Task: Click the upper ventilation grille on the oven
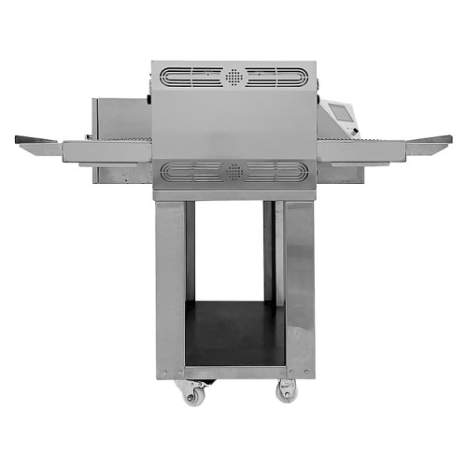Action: click(233, 76)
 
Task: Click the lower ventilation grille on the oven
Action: click(233, 171)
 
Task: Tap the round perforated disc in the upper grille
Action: click(233, 76)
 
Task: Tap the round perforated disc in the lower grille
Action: click(233, 171)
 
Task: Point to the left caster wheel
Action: click(192, 394)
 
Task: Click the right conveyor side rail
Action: click(360, 149)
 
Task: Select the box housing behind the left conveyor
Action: click(120, 117)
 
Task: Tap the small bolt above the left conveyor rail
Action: click(147, 97)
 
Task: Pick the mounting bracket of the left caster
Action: click(191, 382)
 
